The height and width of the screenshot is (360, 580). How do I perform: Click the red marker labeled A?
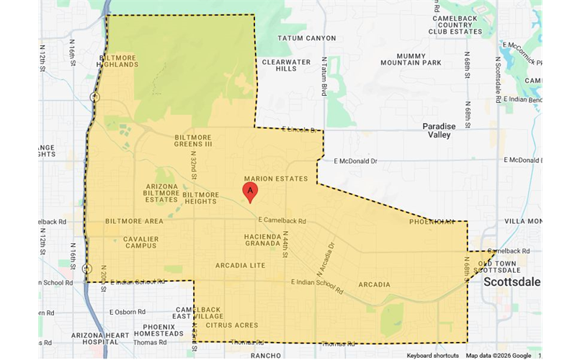click(250, 192)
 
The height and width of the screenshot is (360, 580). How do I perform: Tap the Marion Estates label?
click(276, 179)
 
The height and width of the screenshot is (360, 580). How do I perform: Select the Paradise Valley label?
click(439, 130)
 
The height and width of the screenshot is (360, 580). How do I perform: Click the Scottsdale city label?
click(512, 282)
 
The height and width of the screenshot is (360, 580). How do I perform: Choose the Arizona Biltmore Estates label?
click(161, 193)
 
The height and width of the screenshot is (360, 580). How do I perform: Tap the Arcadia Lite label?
click(240, 266)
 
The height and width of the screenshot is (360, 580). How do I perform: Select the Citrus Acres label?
click(231, 325)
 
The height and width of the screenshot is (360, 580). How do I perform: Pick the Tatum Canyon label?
click(307, 38)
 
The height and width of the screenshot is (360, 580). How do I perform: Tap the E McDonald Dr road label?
click(355, 161)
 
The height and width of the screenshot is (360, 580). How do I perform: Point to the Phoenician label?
click(432, 222)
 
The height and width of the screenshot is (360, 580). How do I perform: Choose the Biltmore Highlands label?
click(118, 60)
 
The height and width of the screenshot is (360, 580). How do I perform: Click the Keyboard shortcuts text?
click(432, 356)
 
